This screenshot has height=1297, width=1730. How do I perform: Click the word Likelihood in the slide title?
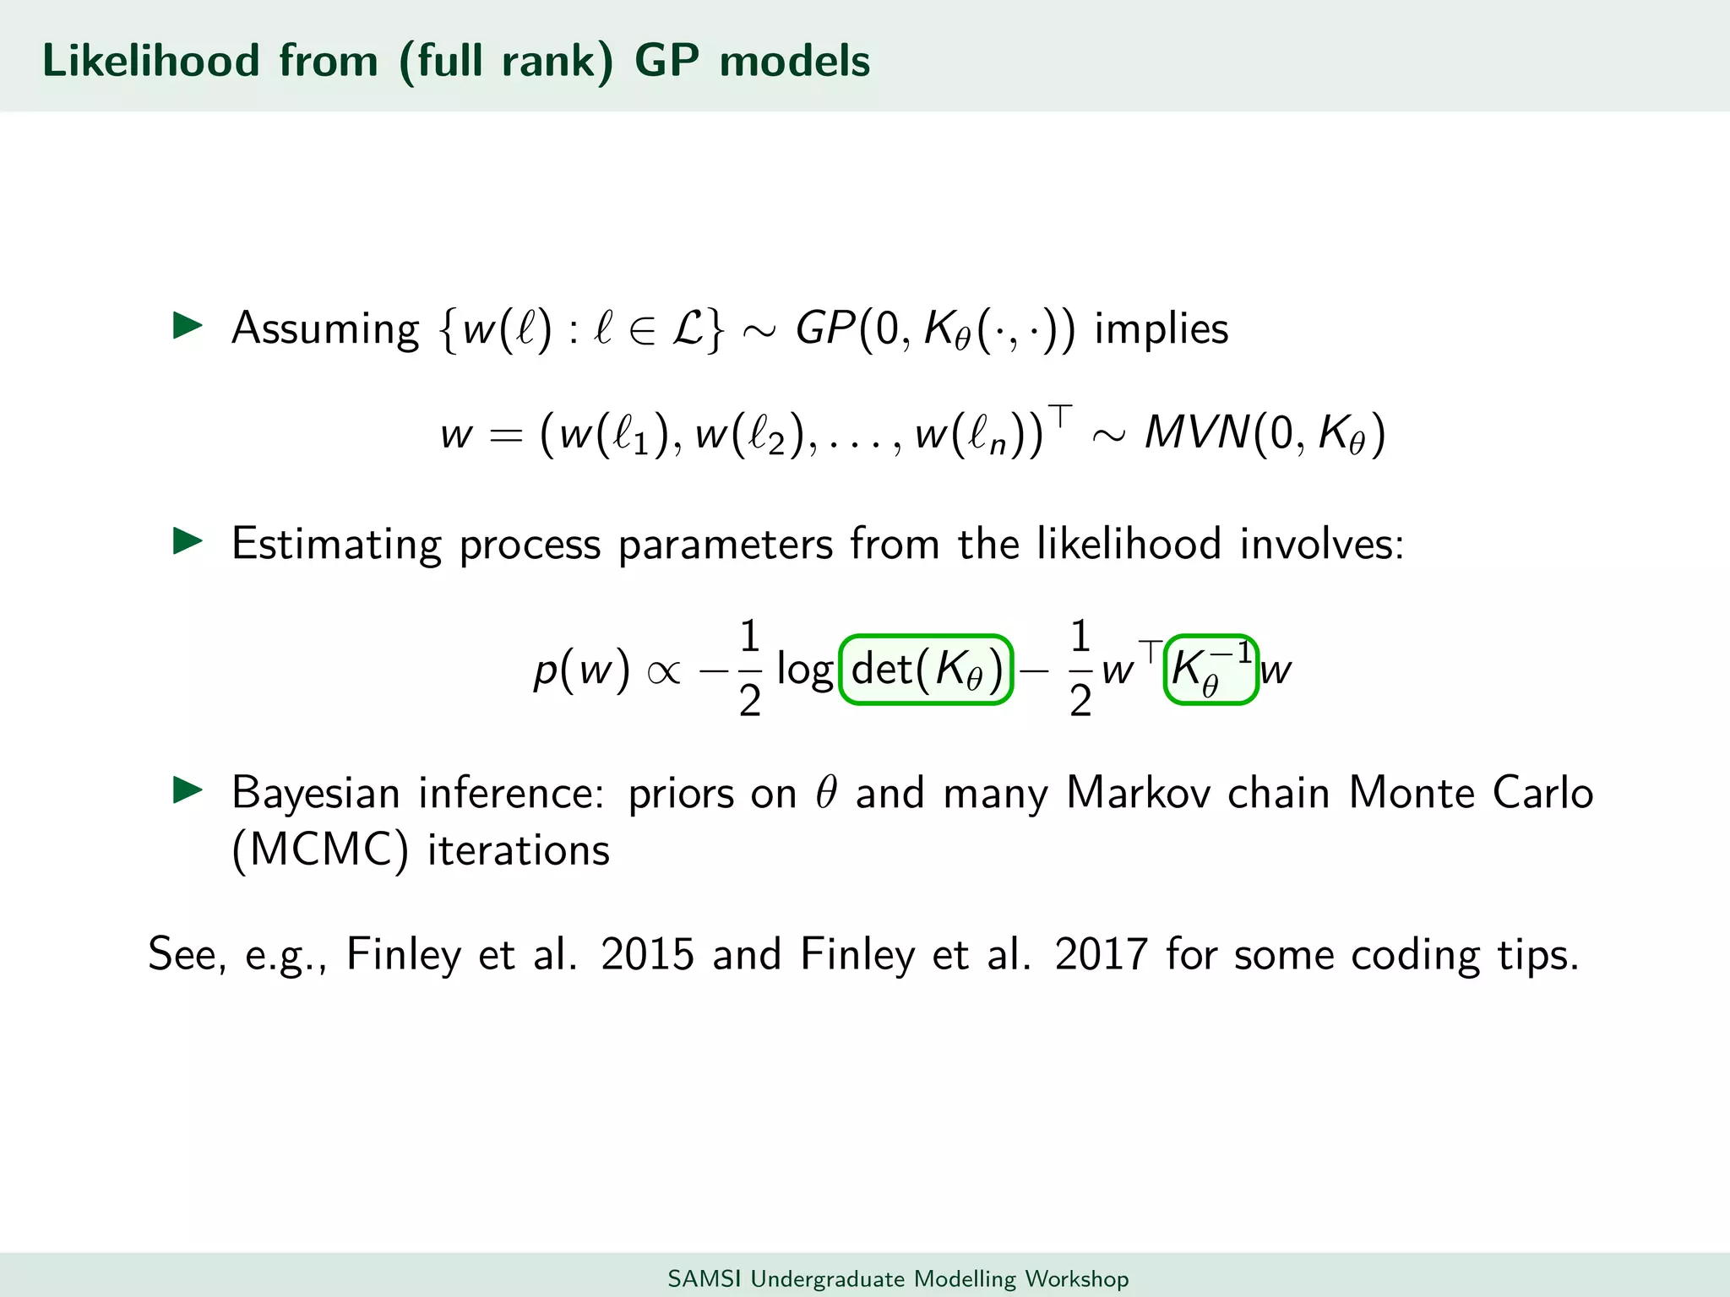click(x=150, y=61)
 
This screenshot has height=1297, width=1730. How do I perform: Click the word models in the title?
click(x=794, y=61)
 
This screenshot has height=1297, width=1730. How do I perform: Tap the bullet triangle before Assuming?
click(x=188, y=326)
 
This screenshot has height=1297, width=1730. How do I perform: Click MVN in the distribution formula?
click(x=1196, y=433)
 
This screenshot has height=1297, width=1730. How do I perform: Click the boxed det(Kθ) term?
click(x=926, y=670)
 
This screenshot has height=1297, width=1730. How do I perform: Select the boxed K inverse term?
click(x=1210, y=670)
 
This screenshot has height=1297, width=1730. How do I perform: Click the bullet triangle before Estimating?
click(x=188, y=541)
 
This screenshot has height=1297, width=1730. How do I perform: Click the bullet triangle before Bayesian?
click(x=188, y=790)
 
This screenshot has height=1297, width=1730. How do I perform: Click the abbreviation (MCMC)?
click(x=320, y=849)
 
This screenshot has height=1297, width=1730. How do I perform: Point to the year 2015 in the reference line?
click(x=647, y=954)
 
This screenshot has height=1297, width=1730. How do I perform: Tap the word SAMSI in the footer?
click(x=704, y=1278)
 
